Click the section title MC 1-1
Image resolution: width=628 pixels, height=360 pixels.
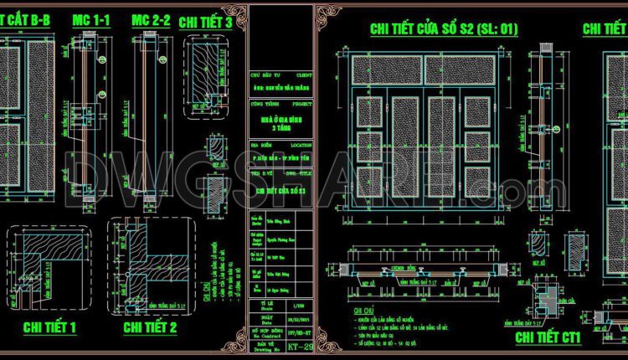point(91,18)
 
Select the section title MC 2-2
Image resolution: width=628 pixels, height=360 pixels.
point(151,18)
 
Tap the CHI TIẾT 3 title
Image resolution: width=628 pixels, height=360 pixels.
point(205,23)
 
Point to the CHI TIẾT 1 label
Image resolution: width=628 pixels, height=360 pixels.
point(49,327)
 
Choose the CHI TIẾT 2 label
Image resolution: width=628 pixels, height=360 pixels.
point(150,327)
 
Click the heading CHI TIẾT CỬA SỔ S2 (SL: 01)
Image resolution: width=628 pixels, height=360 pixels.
point(445,29)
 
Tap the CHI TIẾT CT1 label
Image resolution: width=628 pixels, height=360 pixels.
point(548,337)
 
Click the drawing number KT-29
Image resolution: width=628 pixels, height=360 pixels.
point(286,345)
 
